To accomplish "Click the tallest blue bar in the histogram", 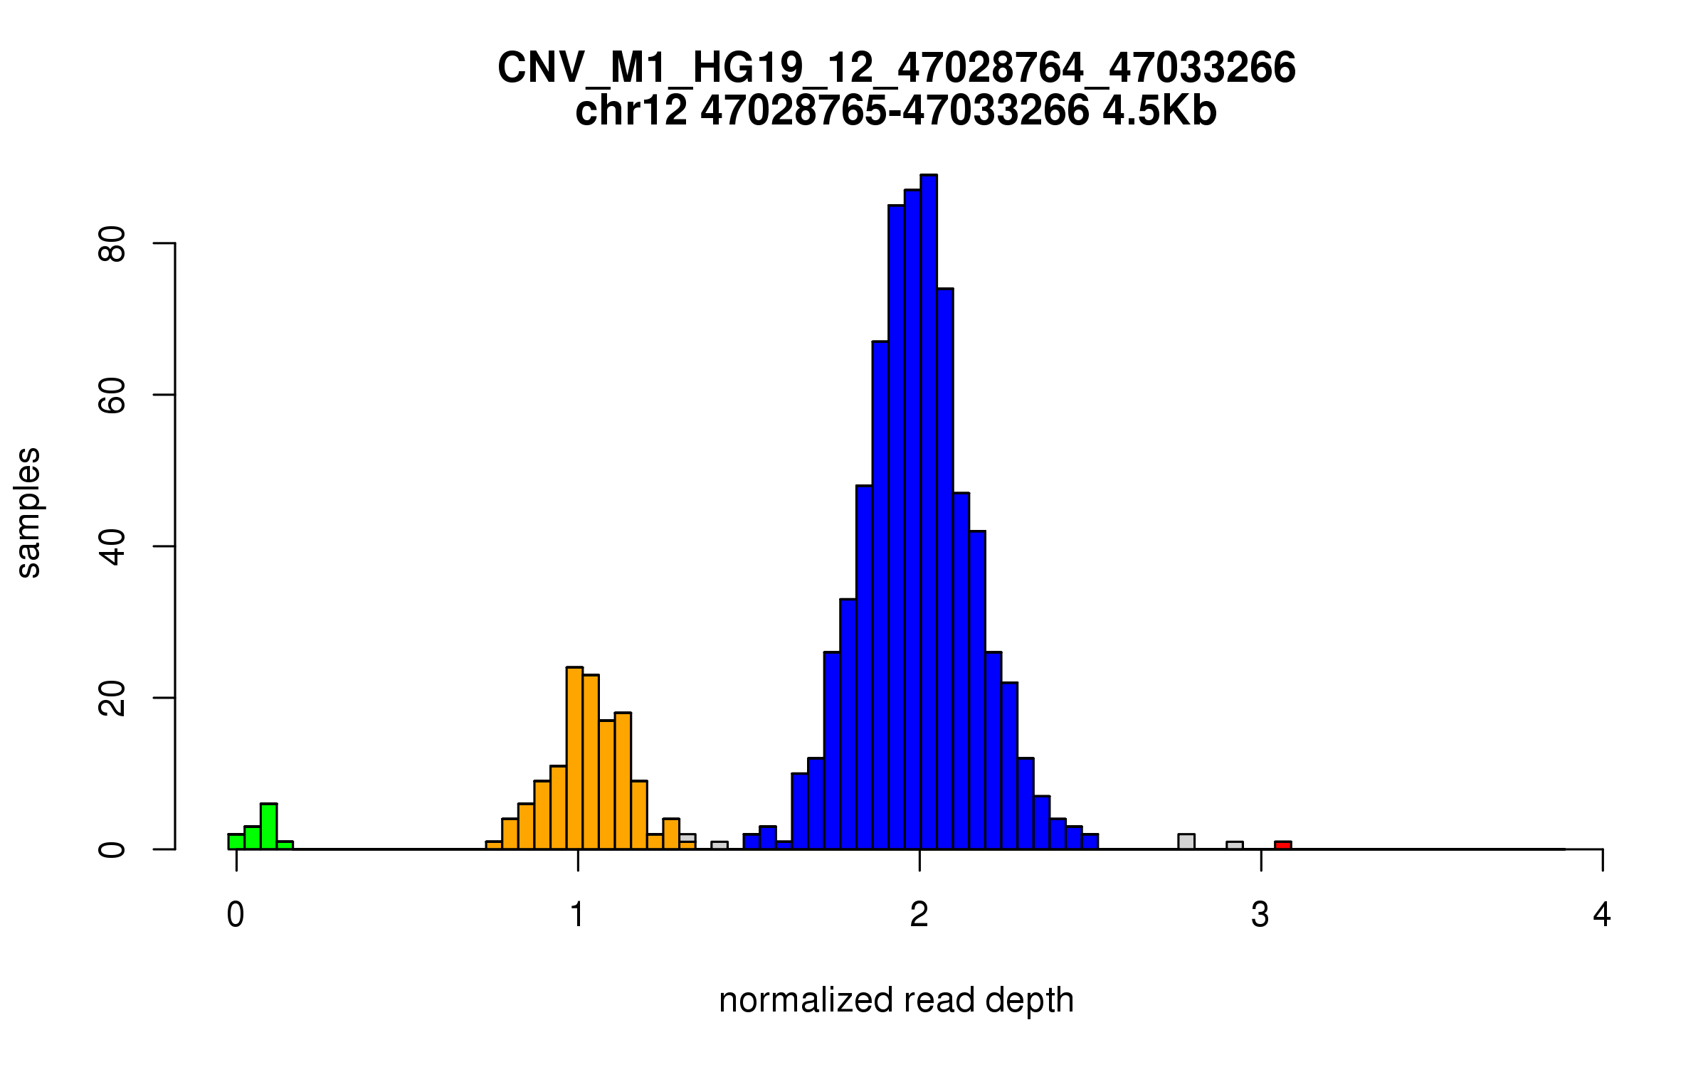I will click(x=928, y=512).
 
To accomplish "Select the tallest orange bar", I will click(x=574, y=758).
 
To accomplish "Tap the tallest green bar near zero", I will click(x=268, y=827).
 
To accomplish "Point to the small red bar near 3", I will click(x=1282, y=845).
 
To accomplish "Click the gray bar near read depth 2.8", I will click(x=1186, y=842).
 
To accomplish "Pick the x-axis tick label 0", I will click(x=236, y=915).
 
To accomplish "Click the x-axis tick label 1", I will click(x=577, y=915).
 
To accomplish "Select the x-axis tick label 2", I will click(x=919, y=915).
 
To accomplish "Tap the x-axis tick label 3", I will click(x=1260, y=915).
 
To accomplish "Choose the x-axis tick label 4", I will click(x=1602, y=915).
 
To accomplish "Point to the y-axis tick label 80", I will click(x=112, y=244).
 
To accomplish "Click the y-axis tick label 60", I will click(x=112, y=395).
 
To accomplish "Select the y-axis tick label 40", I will click(x=112, y=546).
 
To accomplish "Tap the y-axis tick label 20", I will click(x=112, y=698).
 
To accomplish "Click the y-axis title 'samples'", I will click(x=28, y=512).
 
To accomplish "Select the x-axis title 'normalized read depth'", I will click(x=896, y=1000).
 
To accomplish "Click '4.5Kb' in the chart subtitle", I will click(x=1159, y=111).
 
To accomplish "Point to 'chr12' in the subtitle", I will click(x=631, y=111).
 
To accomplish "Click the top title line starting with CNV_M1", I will click(x=896, y=68).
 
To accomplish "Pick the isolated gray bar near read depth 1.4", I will click(x=719, y=845).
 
